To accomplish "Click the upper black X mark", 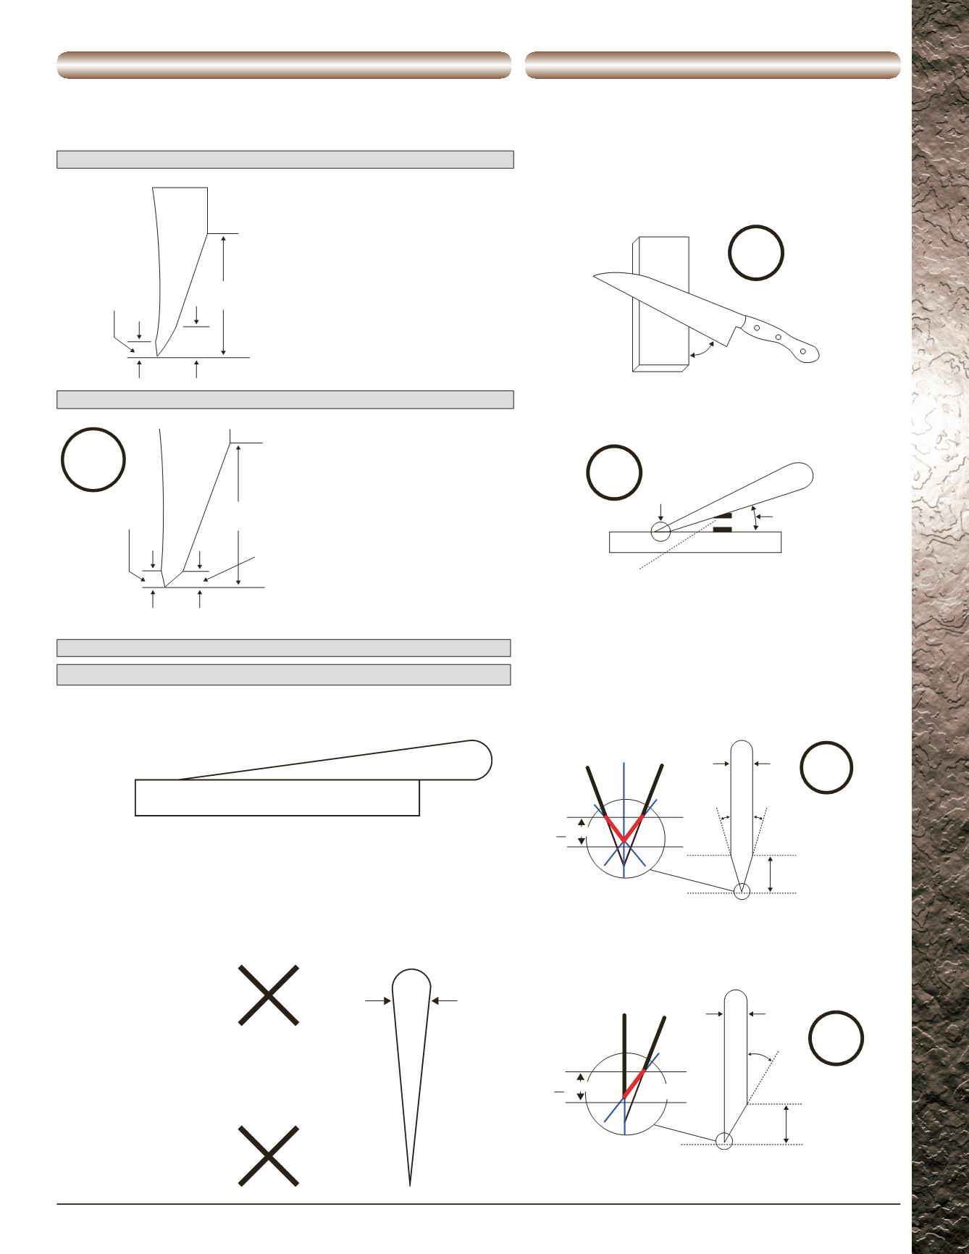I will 269,995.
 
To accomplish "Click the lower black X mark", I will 269,1155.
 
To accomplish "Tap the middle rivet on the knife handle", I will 779,337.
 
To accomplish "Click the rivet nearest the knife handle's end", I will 802,351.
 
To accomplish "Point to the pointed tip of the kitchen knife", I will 594,275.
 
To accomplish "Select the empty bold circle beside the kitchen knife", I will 756,253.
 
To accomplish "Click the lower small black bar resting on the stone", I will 723,530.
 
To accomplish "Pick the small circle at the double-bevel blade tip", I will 741,891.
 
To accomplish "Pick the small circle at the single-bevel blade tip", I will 724,1140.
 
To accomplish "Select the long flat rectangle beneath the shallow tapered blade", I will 277,798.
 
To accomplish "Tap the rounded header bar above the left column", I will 284,64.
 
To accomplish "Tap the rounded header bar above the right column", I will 713,64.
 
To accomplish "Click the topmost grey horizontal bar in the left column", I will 285,159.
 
